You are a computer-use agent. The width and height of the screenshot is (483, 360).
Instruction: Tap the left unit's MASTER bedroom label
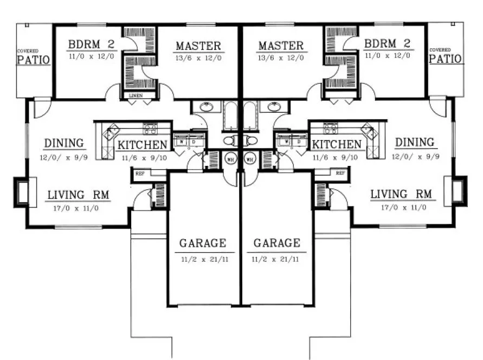point(198,46)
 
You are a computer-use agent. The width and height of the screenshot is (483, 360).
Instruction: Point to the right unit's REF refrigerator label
point(340,173)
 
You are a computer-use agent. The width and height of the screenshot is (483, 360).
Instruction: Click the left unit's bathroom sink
point(207,107)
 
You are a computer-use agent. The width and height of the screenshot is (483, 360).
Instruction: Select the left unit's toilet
point(229,141)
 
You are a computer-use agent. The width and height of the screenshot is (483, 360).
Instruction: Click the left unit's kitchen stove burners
point(150,128)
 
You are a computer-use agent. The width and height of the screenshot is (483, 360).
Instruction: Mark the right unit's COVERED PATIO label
point(446,57)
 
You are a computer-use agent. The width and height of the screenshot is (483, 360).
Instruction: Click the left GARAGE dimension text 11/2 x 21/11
point(203,259)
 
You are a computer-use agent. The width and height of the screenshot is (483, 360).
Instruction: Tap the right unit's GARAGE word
point(276,243)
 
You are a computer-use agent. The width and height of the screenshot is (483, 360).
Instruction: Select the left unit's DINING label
point(65,143)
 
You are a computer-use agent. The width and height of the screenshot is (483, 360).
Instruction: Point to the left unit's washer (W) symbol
point(181,142)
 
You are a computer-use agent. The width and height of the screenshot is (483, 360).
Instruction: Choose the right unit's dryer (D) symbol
point(299,142)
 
